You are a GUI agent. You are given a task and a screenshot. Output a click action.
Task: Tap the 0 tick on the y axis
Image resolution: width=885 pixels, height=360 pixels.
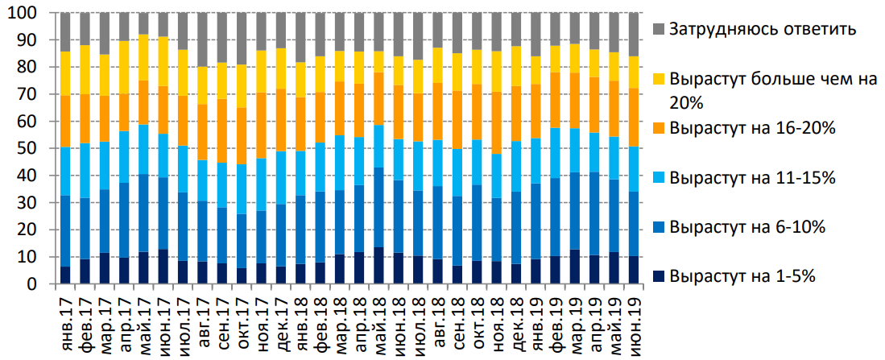[x=35, y=284]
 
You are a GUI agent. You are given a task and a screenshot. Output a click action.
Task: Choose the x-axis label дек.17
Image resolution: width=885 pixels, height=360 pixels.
[x=282, y=317]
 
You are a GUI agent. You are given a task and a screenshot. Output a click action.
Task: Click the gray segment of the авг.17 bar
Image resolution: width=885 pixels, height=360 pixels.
[x=202, y=39]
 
